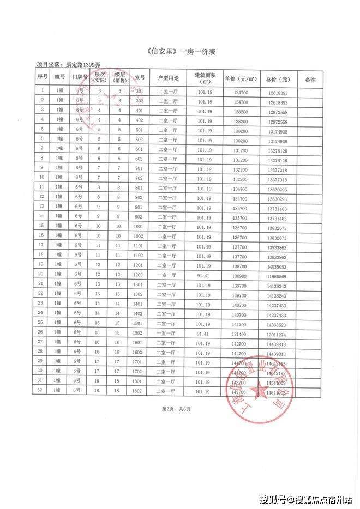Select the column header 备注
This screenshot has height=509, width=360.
pos(311,80)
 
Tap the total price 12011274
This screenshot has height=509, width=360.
pos(278,332)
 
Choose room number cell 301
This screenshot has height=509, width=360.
pos(139,92)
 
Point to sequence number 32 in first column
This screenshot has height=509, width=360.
pos(41,390)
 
